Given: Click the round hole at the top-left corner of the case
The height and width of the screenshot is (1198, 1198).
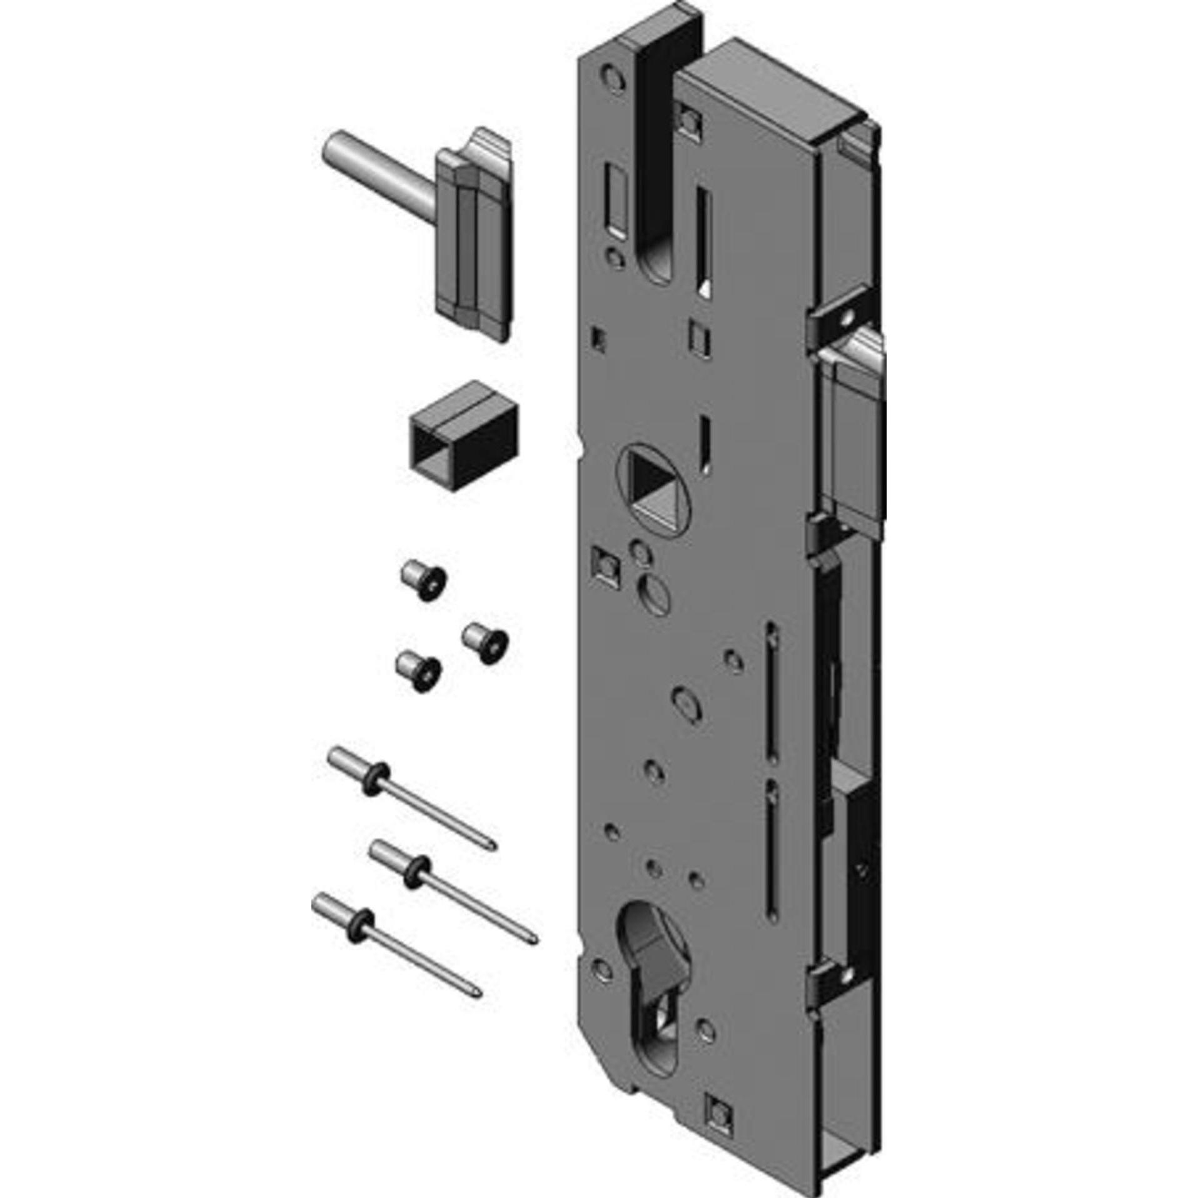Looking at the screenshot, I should coord(611,78).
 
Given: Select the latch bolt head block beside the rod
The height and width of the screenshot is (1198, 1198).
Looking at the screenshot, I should coord(475,234).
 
